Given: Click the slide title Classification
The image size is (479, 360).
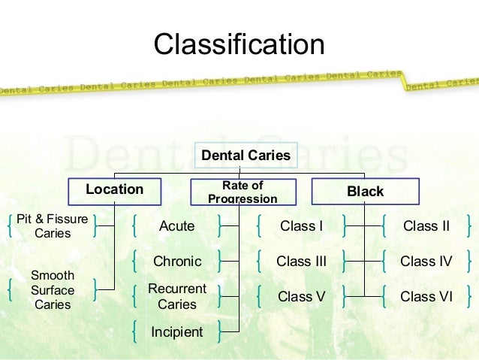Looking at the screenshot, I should tap(239, 44).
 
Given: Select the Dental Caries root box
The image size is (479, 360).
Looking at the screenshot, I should tap(246, 156).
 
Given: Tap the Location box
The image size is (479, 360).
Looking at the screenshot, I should tap(114, 190).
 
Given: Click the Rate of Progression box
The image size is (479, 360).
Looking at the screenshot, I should tap(243, 191).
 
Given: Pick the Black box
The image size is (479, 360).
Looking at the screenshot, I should tap(365, 191).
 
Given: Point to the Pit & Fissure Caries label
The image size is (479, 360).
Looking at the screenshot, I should tap(53, 226).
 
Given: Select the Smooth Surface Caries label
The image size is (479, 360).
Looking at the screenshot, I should tap(53, 290).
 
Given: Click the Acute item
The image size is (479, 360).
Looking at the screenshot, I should tap(176, 226).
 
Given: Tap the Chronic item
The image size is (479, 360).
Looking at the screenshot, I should tap(177, 262).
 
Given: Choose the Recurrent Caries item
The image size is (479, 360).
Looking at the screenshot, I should tap(177, 297).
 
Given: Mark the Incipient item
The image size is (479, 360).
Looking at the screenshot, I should tap(176, 331).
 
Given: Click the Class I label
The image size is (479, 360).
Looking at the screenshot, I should tap(301, 226).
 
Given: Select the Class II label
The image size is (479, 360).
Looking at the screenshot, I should tap(426, 226).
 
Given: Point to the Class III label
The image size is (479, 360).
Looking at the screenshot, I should tap(301, 262).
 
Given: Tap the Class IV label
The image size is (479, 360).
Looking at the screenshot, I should tap(426, 262).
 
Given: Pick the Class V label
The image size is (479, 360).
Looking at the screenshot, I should tap(301, 297).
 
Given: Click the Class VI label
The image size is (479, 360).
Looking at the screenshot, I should tap(426, 297).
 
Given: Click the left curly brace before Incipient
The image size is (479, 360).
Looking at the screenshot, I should tap(134, 331).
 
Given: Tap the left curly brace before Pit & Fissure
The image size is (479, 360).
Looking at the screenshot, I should tap(8, 226).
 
